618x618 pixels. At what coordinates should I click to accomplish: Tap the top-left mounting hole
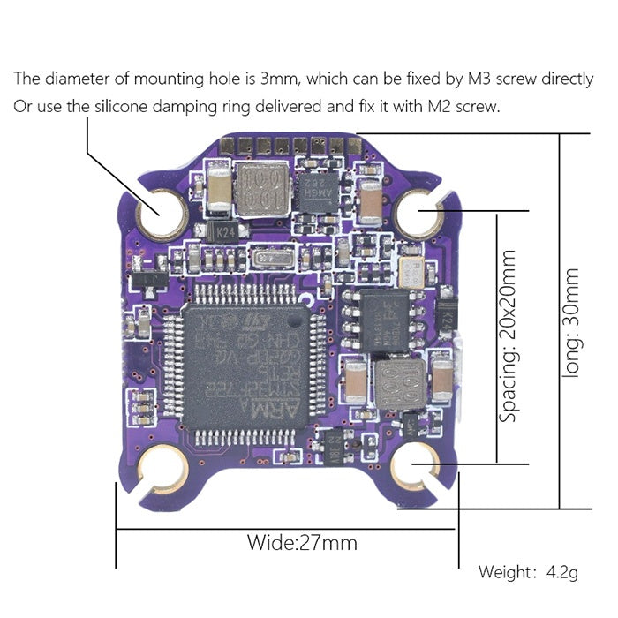(x=161, y=213)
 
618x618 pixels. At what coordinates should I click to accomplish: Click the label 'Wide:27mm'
(x=302, y=541)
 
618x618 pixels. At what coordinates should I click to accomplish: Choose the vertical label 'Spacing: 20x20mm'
(x=509, y=335)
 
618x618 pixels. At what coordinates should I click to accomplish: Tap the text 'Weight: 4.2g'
(x=528, y=572)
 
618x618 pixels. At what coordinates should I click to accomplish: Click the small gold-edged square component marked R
(x=410, y=269)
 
